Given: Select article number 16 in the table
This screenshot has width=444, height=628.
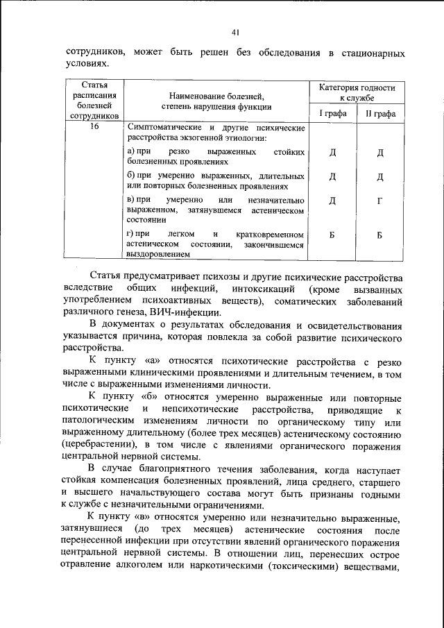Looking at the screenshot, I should click(94, 127).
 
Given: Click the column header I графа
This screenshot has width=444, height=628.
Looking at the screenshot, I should click(332, 113).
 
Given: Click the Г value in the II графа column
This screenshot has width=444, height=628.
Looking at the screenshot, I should click(379, 201).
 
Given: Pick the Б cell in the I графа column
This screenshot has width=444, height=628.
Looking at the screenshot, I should click(332, 235).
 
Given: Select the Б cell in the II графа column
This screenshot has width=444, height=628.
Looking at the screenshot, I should click(379, 235).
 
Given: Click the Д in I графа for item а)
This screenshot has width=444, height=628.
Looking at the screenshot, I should click(332, 153).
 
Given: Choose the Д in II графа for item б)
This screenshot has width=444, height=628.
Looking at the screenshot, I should click(379, 177).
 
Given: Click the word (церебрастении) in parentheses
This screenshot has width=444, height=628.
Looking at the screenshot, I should click(97, 443).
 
